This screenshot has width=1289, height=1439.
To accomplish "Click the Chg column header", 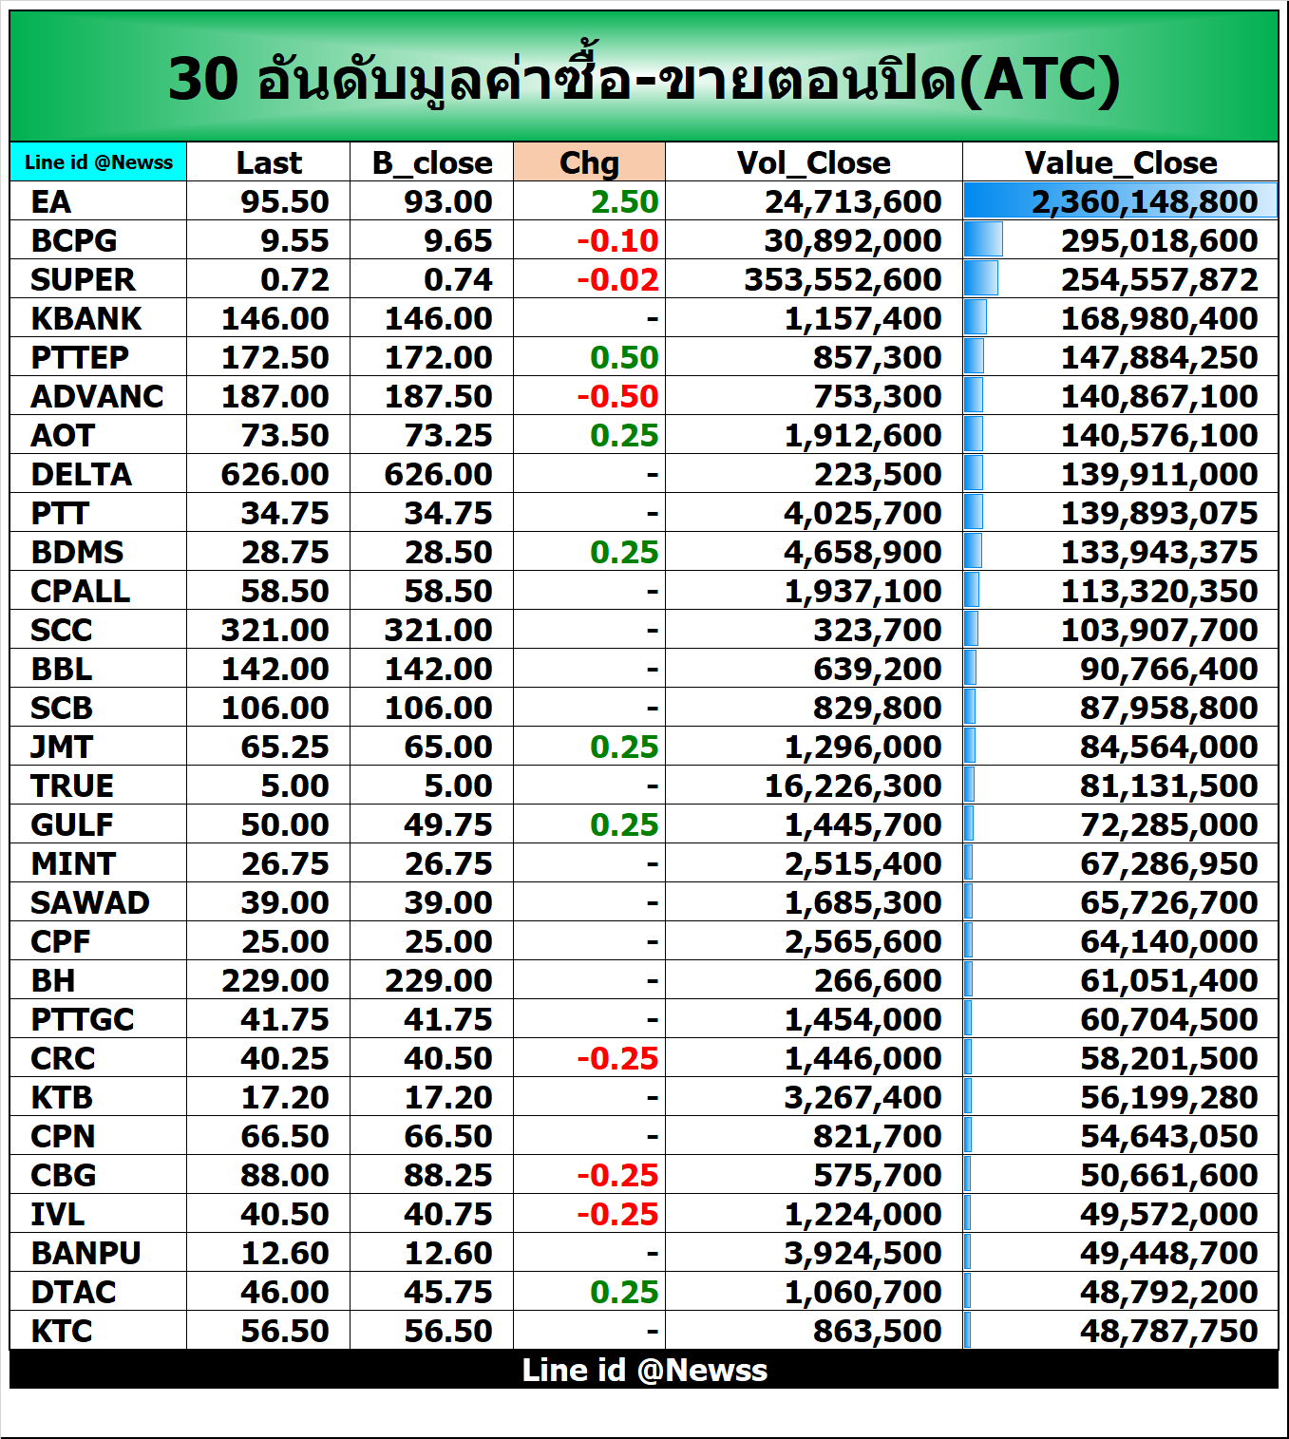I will tap(589, 162).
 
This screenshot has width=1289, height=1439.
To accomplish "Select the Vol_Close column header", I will tap(813, 162).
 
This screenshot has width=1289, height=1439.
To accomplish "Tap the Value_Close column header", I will tap(1120, 162).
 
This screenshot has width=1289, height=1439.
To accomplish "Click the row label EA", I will tap(51, 201).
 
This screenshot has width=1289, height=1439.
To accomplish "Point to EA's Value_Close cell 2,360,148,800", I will tap(1144, 201).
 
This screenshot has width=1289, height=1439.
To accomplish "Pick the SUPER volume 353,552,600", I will tap(843, 279).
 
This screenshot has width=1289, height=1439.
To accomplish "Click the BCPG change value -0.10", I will tap(617, 240).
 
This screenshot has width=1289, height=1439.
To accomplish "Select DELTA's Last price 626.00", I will tap(275, 474).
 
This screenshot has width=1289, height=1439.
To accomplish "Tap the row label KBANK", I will tap(85, 318).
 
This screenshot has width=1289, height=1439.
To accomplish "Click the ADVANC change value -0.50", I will tap(617, 396).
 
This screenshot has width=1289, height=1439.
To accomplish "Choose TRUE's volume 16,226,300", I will tap(852, 786).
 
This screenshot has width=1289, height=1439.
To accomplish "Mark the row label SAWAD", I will tap(89, 902).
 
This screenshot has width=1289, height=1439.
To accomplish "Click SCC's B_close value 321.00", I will tap(438, 630).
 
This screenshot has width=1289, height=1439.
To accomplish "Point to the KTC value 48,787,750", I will tap(1168, 1331).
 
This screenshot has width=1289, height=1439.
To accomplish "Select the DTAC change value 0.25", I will tap(623, 1292).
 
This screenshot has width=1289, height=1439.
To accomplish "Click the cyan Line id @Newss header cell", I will tap(99, 162).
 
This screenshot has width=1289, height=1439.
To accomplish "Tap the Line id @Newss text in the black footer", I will tap(644, 1370).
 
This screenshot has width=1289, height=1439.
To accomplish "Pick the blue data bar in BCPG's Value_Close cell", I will tap(983, 239).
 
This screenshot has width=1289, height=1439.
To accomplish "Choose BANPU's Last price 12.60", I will tap(284, 1253).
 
